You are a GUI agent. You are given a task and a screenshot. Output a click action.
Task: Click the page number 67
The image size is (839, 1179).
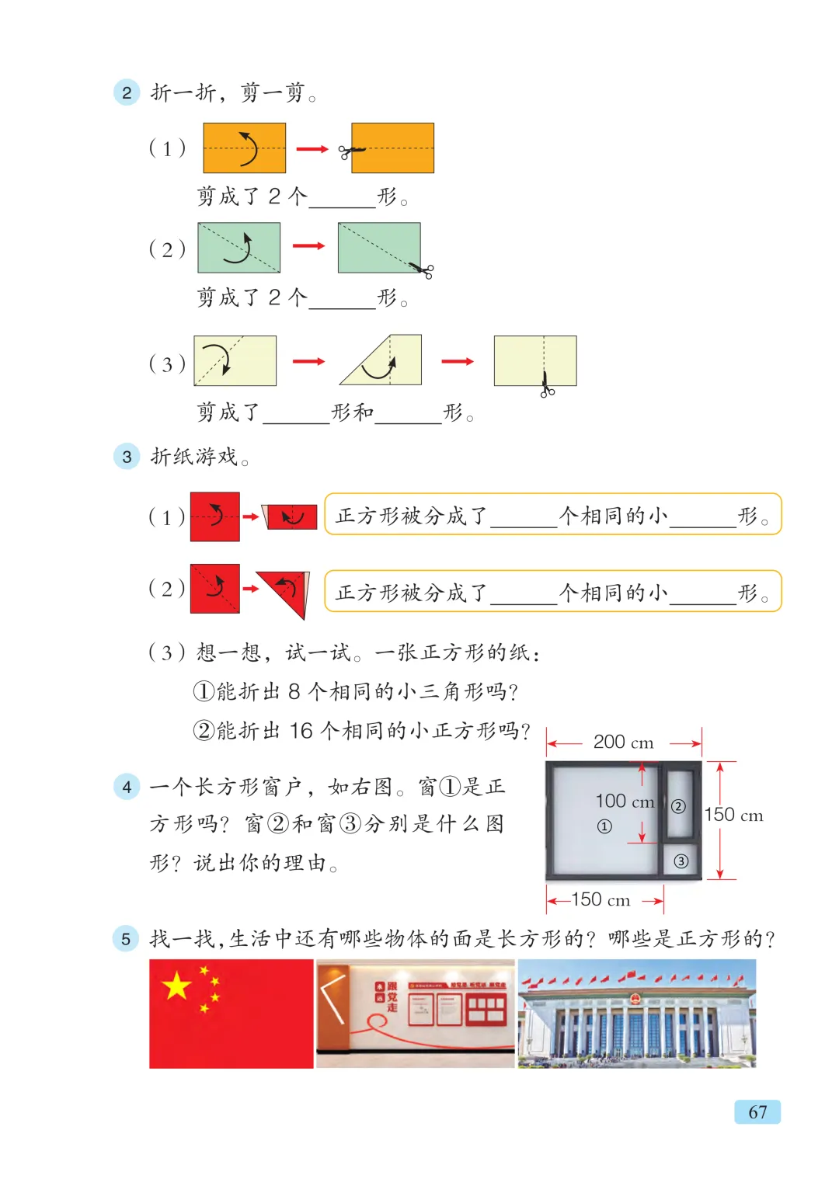[757, 1111]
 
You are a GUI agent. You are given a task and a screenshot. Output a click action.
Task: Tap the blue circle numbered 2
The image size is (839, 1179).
[127, 92]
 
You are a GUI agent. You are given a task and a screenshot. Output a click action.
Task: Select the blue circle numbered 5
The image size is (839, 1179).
[126, 938]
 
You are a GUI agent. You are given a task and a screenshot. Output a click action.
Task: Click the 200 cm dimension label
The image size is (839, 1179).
[623, 743]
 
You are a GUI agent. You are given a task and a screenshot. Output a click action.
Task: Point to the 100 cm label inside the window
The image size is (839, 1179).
[625, 801]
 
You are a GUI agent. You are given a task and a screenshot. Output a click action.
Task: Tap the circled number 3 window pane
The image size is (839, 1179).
[681, 861]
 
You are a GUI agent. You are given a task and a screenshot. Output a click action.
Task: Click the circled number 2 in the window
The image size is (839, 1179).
[678, 806]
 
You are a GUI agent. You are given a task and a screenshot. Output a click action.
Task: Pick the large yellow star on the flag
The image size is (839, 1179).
[177, 986]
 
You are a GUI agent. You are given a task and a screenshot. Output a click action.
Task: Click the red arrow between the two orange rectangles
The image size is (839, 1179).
[312, 148]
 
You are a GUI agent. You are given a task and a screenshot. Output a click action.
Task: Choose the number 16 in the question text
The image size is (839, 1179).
[301, 730]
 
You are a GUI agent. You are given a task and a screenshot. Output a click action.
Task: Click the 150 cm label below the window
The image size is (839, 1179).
[601, 899]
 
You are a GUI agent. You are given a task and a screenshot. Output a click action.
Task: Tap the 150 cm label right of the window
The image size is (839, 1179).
[733, 815]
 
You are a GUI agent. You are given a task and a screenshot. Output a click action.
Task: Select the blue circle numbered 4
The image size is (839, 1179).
[127, 787]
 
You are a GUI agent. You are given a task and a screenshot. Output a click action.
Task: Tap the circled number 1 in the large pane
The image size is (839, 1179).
[604, 826]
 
